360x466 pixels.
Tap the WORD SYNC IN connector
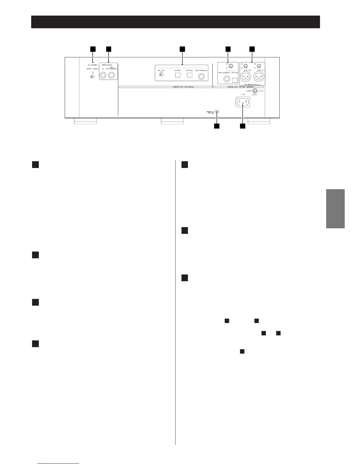[103, 76]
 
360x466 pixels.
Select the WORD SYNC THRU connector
[112, 76]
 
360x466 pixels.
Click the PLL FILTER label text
[92, 65]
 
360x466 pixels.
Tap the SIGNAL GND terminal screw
[217, 112]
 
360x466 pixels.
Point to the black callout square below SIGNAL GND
[217, 126]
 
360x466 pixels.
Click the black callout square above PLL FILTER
[93, 49]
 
